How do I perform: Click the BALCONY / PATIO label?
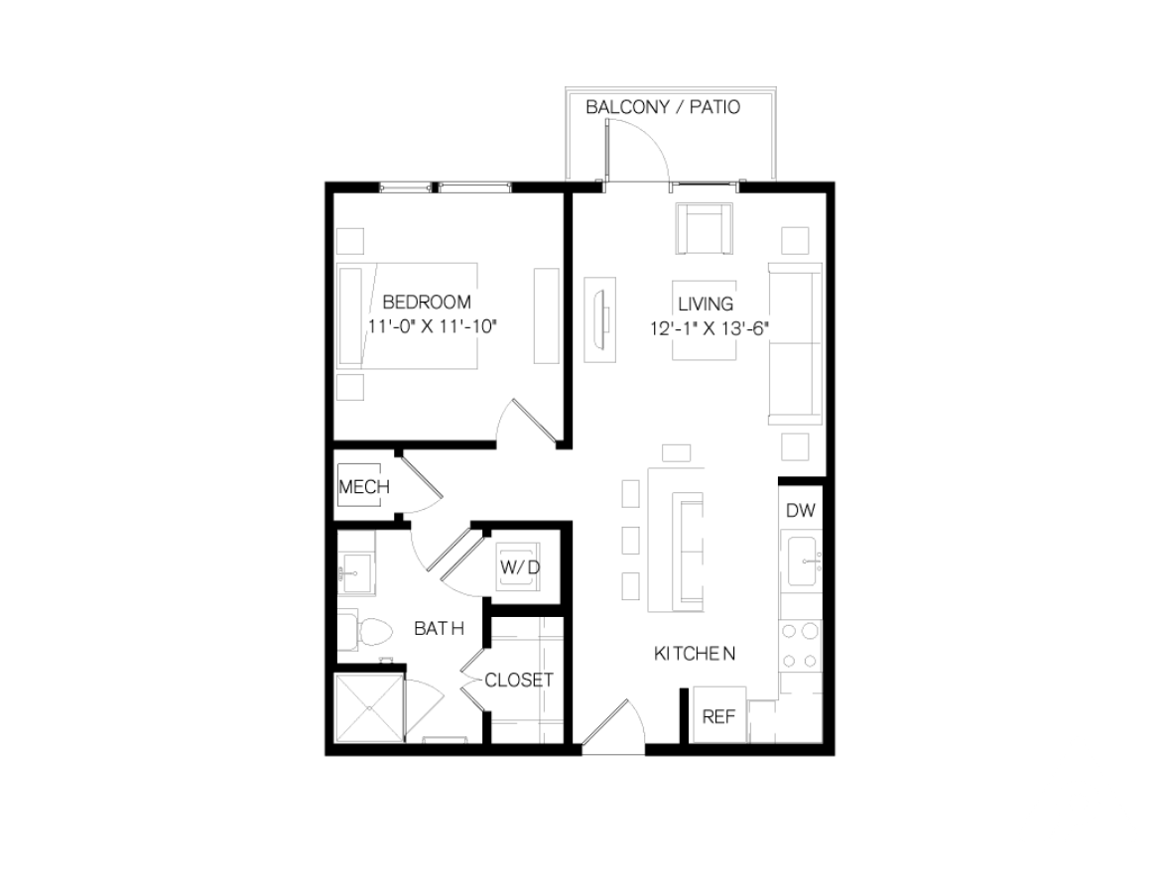click(663, 107)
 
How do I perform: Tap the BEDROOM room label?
click(427, 302)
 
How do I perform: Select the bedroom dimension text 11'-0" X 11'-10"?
click(432, 326)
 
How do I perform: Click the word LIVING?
click(706, 304)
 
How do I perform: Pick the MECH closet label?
click(364, 487)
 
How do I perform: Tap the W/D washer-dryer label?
click(520, 567)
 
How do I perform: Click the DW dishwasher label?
click(801, 510)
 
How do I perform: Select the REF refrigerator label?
click(718, 716)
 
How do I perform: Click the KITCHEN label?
click(695, 654)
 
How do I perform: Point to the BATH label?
click(439, 628)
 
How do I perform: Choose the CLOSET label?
click(519, 681)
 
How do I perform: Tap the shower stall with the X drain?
click(369, 706)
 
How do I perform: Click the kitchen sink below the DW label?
click(801, 560)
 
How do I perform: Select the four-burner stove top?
click(801, 646)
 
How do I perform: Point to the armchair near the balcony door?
click(705, 229)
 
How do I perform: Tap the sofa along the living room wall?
click(795, 343)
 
